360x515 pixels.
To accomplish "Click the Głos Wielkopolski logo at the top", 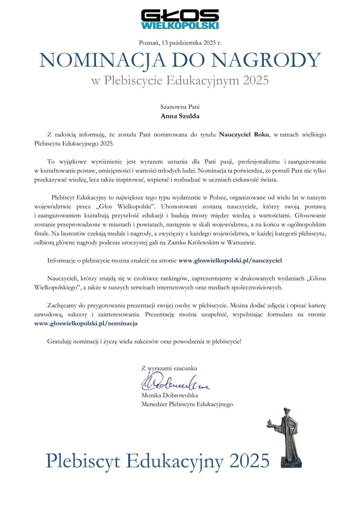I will pos(180,19).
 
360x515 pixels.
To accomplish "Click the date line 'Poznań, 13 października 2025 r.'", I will pos(180,43).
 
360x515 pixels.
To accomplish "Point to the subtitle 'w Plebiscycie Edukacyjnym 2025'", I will pos(180,80).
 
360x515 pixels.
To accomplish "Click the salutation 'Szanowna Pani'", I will pos(180,107).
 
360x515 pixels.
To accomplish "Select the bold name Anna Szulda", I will pos(180,116).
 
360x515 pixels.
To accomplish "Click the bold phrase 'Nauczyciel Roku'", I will pos(244,134).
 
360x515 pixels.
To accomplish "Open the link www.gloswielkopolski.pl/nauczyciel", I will pos(230,261).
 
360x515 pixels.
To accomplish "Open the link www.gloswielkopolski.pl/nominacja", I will pos(86,323).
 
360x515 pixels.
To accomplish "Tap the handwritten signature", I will pos(174,382).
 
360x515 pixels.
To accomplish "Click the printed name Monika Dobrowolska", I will pos(169,395).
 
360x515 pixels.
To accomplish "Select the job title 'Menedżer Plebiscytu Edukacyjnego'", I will pos(187,404).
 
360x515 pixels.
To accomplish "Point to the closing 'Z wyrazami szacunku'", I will pos(169,368).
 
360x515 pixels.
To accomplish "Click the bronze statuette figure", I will pos(287,437).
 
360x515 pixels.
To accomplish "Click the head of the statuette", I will pos(287,411).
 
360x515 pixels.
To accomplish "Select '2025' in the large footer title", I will pos(249,461).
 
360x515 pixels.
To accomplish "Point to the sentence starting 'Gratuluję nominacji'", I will pos(144,342).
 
